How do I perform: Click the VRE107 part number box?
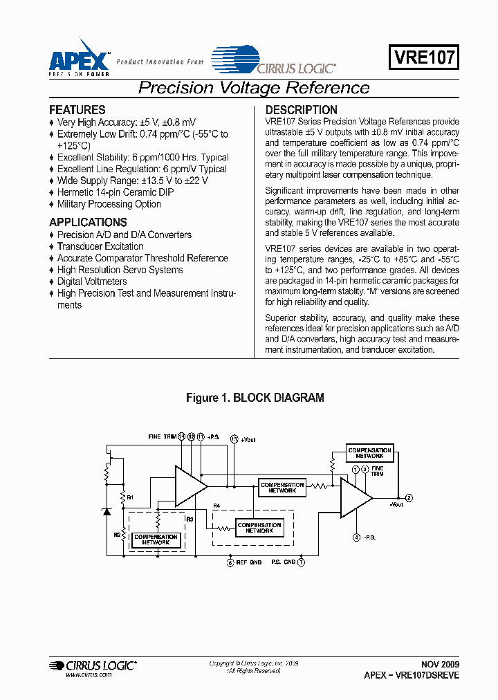(424, 58)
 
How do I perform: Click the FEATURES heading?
(77, 110)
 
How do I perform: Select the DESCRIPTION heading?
(301, 110)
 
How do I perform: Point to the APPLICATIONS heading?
(88, 223)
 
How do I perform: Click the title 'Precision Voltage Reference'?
(254, 88)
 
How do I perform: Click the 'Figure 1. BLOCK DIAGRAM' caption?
(255, 398)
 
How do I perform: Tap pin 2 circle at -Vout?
(409, 498)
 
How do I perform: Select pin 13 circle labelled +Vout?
(234, 439)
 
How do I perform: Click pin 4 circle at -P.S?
(356, 537)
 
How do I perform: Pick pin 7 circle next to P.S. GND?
(301, 562)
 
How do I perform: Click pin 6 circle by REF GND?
(230, 562)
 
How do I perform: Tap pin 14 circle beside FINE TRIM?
(182, 436)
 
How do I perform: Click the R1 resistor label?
(129, 497)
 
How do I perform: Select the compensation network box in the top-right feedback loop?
(370, 454)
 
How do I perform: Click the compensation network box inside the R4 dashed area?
(259, 528)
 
